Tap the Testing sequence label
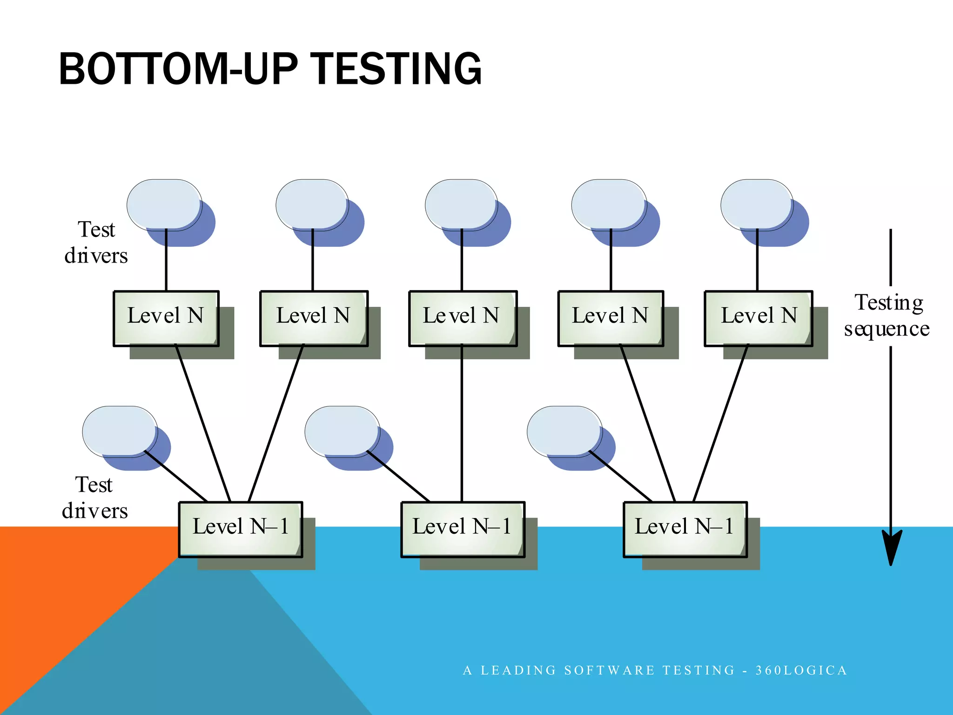point(887,316)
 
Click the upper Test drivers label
point(96,243)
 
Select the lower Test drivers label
point(94,498)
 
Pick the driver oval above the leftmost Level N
point(164,205)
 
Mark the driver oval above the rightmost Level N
point(757,205)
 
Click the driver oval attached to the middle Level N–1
point(342,431)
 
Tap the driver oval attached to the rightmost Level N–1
point(564,431)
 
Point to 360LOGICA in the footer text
point(801,670)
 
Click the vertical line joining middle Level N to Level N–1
point(462,424)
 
